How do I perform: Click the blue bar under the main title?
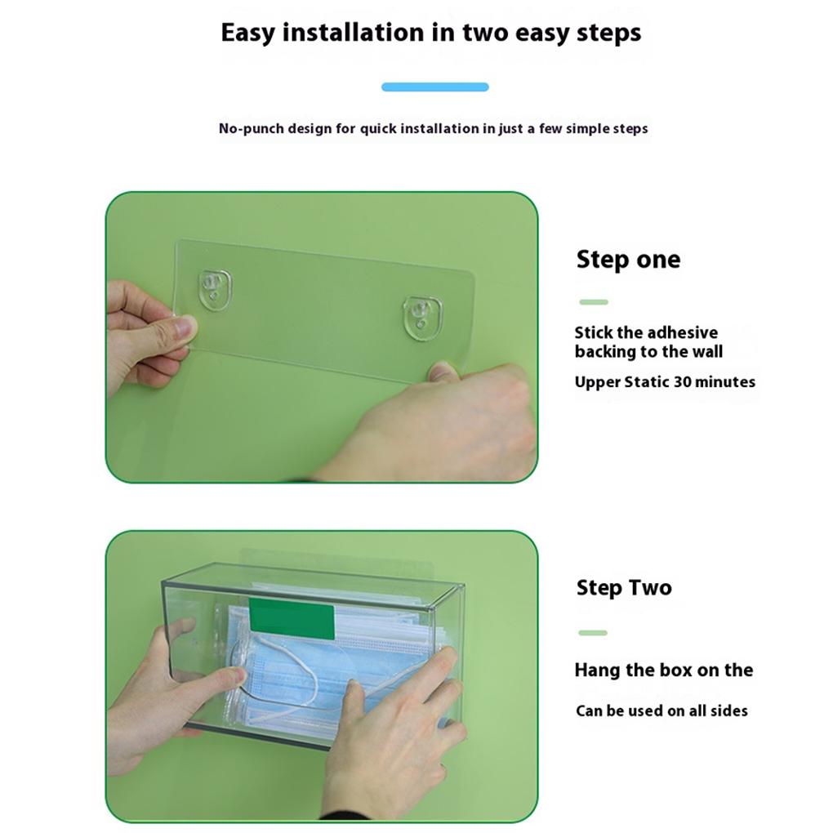pyautogui.click(x=434, y=87)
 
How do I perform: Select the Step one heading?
pyautogui.click(x=627, y=260)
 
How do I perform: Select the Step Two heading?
pyautogui.click(x=623, y=588)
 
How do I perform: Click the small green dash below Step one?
pyautogui.click(x=594, y=302)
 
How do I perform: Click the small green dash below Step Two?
pyautogui.click(x=593, y=633)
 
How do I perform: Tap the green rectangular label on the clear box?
pyautogui.click(x=292, y=617)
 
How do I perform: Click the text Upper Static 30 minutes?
pyautogui.click(x=664, y=382)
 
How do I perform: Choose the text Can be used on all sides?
pyautogui.click(x=661, y=711)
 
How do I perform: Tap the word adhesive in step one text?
pyautogui.click(x=681, y=332)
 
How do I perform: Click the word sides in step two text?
pyautogui.click(x=728, y=711)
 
